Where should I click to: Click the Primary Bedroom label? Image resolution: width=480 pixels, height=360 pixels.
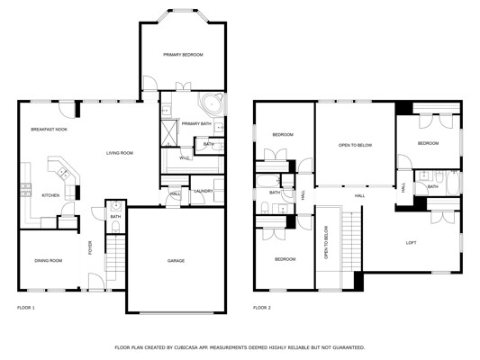(183, 55)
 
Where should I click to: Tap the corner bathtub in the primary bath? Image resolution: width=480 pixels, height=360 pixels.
(212, 103)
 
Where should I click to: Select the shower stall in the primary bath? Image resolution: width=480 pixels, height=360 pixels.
(169, 133)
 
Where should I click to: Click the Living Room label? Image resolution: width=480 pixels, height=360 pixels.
(120, 153)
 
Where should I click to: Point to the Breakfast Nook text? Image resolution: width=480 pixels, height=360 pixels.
(49, 130)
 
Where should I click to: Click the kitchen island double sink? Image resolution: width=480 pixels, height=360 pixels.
(64, 174)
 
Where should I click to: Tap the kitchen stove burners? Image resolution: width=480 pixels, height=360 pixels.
(26, 189)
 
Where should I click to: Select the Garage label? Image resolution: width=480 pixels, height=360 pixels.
(176, 261)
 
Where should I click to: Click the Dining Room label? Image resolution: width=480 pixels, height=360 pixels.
(49, 261)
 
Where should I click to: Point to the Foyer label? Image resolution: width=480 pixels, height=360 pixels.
(90, 247)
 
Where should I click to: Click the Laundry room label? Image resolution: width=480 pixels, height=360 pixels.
(204, 191)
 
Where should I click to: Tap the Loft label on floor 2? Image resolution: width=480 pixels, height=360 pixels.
(411, 243)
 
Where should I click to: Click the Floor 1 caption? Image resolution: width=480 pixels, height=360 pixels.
(26, 308)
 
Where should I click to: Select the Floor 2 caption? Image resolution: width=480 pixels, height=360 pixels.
(262, 308)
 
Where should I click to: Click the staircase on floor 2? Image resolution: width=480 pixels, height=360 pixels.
(351, 241)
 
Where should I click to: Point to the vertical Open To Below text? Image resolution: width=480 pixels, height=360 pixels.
(326, 242)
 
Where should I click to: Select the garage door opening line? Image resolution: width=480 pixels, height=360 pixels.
(177, 313)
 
